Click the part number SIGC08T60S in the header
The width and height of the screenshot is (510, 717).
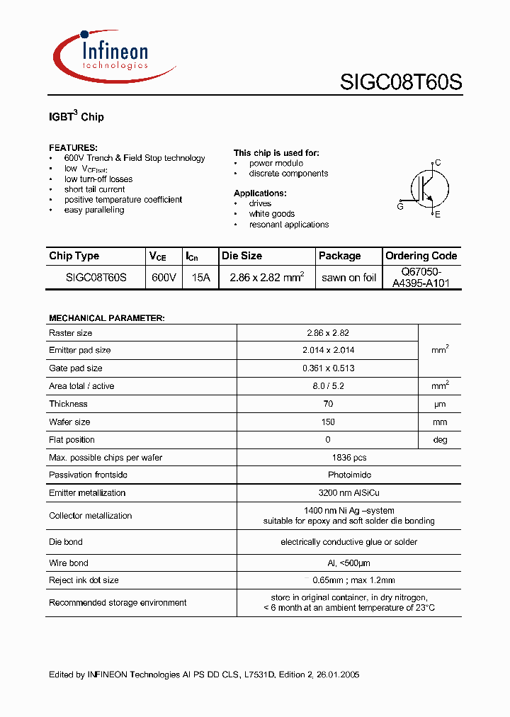(x=401, y=82)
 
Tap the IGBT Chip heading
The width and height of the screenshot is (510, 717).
(x=76, y=116)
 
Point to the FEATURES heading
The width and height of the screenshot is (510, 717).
(x=73, y=147)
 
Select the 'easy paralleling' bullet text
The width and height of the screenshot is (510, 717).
(x=94, y=210)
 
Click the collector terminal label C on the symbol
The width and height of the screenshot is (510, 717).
(x=438, y=163)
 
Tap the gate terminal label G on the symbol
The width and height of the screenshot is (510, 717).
(x=400, y=206)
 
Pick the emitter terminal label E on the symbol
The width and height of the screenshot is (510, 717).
(x=438, y=215)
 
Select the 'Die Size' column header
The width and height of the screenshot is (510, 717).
(x=242, y=256)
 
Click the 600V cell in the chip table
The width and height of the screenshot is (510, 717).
(x=164, y=278)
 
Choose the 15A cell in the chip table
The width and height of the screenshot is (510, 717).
(x=201, y=278)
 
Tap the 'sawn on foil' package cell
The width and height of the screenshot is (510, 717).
(x=348, y=278)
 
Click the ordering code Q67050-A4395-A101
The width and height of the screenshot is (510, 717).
(x=421, y=278)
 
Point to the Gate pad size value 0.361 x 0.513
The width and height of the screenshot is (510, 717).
(x=328, y=368)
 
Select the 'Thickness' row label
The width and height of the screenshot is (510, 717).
(x=69, y=404)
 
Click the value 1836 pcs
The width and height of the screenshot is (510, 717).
(x=328, y=458)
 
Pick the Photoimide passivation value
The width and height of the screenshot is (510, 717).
(x=328, y=475)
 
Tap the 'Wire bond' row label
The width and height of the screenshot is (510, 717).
(x=69, y=563)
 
